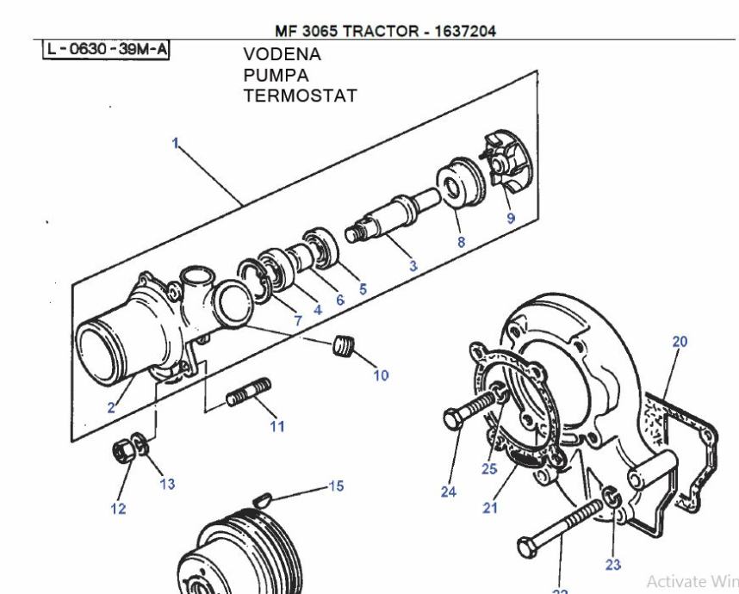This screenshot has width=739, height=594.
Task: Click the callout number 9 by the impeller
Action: coord(511,218)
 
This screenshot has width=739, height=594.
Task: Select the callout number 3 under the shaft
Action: coord(413,267)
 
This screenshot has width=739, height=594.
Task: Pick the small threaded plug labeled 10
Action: coord(345,348)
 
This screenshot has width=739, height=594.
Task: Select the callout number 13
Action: coord(167,484)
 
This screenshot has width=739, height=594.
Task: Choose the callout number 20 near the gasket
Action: coord(680,342)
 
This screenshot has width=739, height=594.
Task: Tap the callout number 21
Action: coord(490,508)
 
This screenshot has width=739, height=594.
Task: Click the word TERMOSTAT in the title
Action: coord(300,94)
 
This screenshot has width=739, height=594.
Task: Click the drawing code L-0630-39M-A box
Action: coord(106,49)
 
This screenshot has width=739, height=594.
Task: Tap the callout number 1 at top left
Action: coord(175,145)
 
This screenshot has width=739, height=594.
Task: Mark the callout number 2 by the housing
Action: coord(112,408)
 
